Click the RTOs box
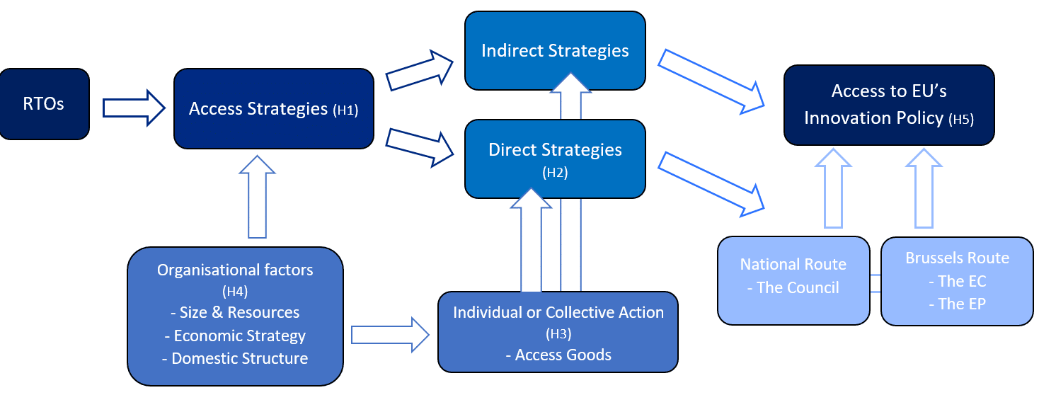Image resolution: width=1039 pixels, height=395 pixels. tap(44, 103)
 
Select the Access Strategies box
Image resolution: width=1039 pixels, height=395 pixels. tap(274, 108)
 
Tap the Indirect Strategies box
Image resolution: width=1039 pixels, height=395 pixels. tap(555, 50)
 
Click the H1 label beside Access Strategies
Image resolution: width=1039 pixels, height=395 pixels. tap(345, 110)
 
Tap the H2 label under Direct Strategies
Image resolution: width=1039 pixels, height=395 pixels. tap(555, 172)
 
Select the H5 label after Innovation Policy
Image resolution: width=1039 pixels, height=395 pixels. tap(960, 120)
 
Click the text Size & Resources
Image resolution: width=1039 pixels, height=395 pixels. tap(235, 312)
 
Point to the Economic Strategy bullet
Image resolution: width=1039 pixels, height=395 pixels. tap(235, 336)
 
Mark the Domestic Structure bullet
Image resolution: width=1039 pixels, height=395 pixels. tap(235, 358)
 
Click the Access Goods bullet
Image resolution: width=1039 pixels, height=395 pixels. tap(558, 355)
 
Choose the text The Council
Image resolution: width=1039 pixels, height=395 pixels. tap(793, 287)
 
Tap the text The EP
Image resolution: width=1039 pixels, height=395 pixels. tap(957, 304)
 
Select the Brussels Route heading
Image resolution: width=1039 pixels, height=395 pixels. tap(957, 258)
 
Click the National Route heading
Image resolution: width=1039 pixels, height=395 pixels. tap(793, 264)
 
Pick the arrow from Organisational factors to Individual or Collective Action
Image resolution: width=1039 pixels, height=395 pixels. tap(390, 334)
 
